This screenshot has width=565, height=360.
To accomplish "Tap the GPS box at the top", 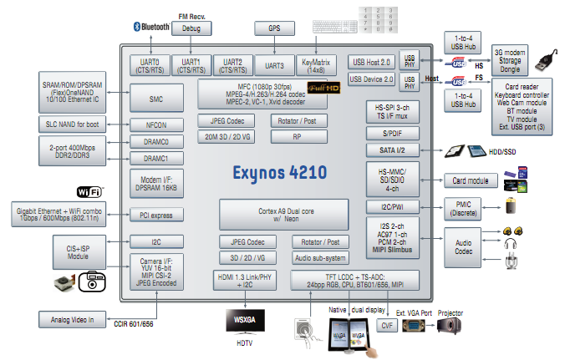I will coord(273,28).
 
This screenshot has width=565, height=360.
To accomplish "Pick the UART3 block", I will coord(274,65).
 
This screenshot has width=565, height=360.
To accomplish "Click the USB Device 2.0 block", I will coord(372,79).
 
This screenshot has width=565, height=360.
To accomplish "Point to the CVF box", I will coord(386,325).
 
